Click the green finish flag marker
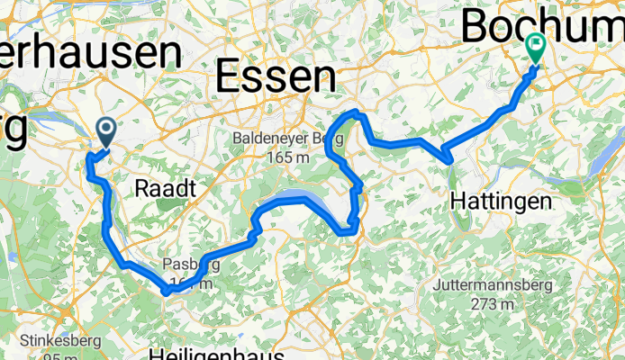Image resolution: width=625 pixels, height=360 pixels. pyautogui.click(x=537, y=45)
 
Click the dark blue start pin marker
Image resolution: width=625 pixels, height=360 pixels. pyautogui.click(x=105, y=134)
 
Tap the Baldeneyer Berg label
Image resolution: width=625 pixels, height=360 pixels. pyautogui.click(x=282, y=139)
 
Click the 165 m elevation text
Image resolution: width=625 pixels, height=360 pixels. pyautogui.click(x=282, y=157)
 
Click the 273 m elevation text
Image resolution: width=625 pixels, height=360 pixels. pyautogui.click(x=489, y=304)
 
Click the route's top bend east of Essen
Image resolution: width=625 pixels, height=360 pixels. pyautogui.click(x=357, y=112)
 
